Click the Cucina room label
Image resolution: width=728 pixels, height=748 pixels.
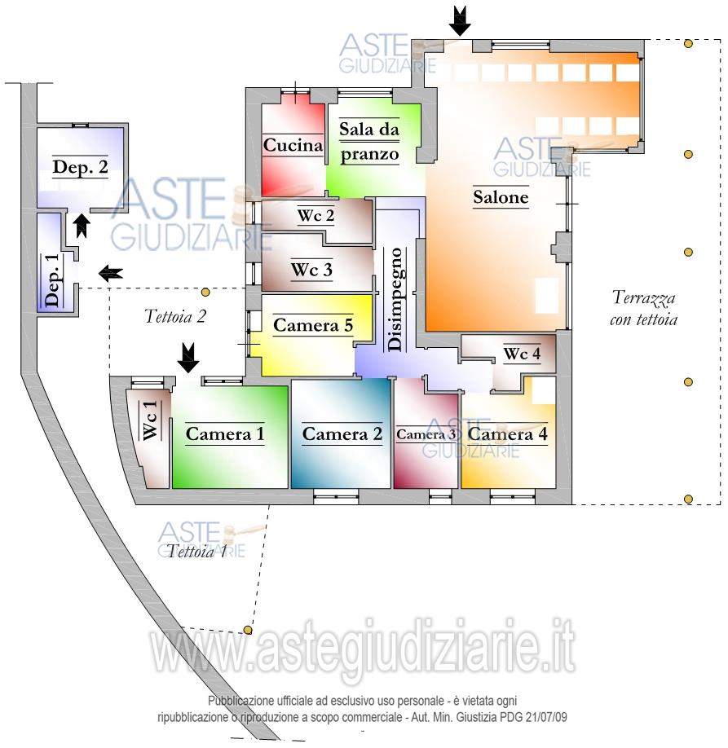click(x=293, y=146)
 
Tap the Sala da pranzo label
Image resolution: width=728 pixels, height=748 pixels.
click(x=369, y=142)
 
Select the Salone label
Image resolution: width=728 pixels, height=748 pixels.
click(x=501, y=197)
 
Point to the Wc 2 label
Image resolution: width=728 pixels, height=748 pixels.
click(x=315, y=216)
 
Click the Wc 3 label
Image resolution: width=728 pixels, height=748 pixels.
click(x=311, y=270)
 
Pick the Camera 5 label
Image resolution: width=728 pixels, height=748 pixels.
click(x=312, y=325)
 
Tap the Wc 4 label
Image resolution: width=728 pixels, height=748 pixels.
click(x=522, y=354)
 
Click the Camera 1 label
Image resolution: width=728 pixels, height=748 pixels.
click(x=225, y=433)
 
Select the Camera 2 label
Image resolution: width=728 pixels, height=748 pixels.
click(x=342, y=434)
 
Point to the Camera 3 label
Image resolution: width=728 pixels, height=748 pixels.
click(x=426, y=434)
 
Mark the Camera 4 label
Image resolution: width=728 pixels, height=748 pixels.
click(x=507, y=434)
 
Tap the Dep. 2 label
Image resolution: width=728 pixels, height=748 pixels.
click(x=81, y=167)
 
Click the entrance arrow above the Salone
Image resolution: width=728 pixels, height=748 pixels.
click(x=461, y=20)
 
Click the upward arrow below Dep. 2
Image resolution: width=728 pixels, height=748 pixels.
click(x=81, y=225)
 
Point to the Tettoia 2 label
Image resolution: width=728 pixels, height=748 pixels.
click(x=174, y=316)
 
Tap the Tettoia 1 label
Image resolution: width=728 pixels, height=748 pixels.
click(x=197, y=552)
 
